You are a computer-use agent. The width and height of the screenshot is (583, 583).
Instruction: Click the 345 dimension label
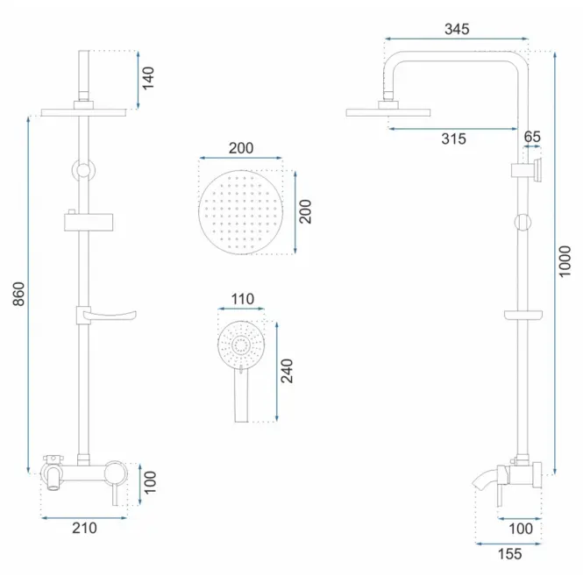[x=457, y=29]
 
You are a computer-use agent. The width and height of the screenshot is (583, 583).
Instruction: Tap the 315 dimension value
[x=453, y=139]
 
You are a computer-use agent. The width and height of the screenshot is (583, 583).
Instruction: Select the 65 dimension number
[x=532, y=137]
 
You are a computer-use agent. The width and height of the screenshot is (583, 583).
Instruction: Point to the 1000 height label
[x=565, y=261]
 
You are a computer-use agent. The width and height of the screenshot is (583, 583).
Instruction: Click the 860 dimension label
[x=18, y=294]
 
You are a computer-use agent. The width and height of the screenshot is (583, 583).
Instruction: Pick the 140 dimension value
[x=148, y=78]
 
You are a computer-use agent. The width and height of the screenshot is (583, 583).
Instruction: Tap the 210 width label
[x=84, y=528]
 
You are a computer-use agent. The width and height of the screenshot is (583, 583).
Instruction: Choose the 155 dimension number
[x=509, y=554]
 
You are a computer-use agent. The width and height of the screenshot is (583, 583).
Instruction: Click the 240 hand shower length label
[x=287, y=371]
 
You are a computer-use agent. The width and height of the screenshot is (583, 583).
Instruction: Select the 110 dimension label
[x=243, y=299]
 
